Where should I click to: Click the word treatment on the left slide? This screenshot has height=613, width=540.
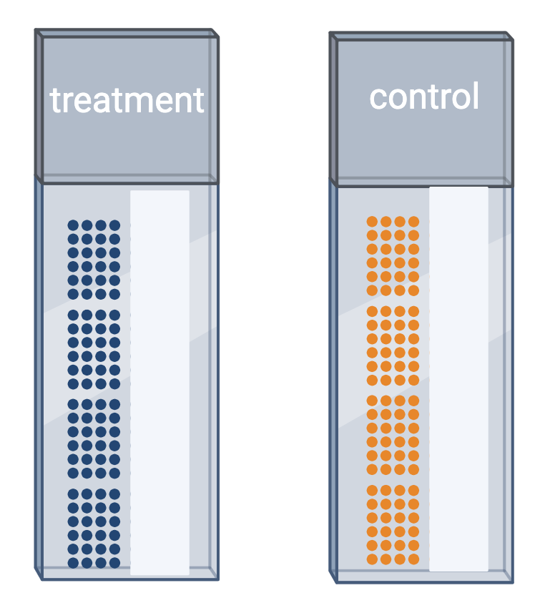pyautogui.click(x=127, y=100)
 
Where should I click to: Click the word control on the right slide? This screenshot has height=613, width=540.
pyautogui.click(x=423, y=97)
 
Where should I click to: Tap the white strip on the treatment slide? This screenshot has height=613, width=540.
pyautogui.click(x=159, y=382)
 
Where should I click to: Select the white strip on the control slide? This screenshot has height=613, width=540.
pyautogui.click(x=458, y=379)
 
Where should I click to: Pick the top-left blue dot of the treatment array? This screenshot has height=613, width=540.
pyautogui.click(x=73, y=225)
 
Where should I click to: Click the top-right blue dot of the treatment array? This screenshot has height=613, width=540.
pyautogui.click(x=114, y=225)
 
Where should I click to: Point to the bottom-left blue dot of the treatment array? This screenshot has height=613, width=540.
pyautogui.click(x=73, y=563)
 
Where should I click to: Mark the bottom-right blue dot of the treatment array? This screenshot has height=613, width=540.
pyautogui.click(x=114, y=563)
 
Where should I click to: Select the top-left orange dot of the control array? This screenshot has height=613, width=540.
pyautogui.click(x=372, y=222)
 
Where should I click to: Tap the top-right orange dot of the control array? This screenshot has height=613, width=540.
pyautogui.click(x=413, y=222)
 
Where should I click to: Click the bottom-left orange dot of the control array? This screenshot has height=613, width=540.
pyautogui.click(x=372, y=559)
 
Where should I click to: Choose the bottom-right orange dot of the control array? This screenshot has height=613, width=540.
pyautogui.click(x=413, y=559)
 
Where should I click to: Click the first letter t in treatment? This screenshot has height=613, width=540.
pyautogui.click(x=55, y=101)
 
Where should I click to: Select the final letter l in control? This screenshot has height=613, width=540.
pyautogui.click(x=475, y=96)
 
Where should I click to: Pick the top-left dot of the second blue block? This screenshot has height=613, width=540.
pyautogui.click(x=73, y=315)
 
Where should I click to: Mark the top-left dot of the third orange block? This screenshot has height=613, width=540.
pyautogui.click(x=372, y=401)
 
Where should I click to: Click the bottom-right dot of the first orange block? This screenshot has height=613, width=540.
pyautogui.click(x=413, y=290)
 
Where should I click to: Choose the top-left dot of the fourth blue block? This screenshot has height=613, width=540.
pyautogui.click(x=73, y=494)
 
